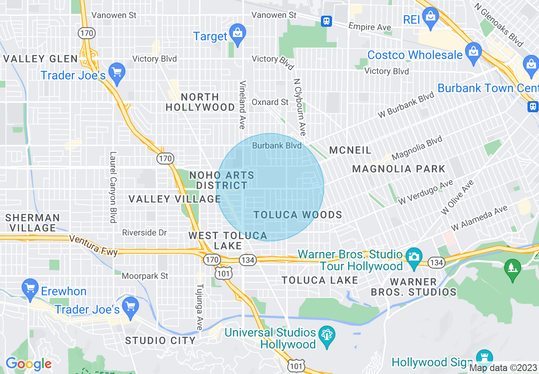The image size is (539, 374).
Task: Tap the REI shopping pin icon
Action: tap(431, 17)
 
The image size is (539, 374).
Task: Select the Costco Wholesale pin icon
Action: tap(473, 52)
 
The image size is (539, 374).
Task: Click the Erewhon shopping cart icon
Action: tap(30, 289)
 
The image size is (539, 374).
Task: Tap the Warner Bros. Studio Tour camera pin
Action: tap(413, 257)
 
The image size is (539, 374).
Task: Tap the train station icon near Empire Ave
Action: tap(326, 21)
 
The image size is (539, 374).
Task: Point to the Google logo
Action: tap(28, 364)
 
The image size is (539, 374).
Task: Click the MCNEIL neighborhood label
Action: tap(350, 150)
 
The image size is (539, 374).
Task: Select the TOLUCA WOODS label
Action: tap(298, 215)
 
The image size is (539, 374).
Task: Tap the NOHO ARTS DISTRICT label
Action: tap(221, 180)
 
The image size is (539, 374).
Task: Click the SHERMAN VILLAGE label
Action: tap(33, 223)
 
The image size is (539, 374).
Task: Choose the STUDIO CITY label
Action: tap(160, 340)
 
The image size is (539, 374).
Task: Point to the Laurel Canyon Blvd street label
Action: tap(113, 187)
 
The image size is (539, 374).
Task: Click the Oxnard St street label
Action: tap(270, 102)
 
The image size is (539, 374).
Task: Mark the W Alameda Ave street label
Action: tap(479, 218)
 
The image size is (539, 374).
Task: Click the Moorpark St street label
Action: tap(145, 276)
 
